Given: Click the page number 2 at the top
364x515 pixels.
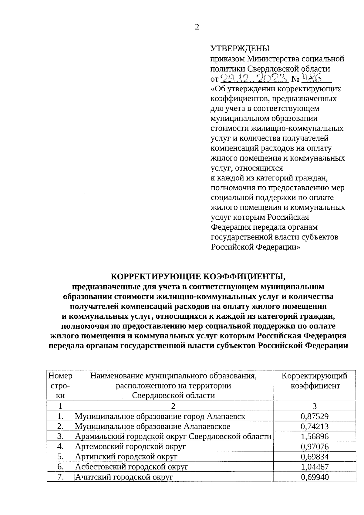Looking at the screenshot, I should click(197, 27).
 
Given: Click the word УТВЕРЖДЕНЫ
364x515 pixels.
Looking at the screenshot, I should click(240, 49).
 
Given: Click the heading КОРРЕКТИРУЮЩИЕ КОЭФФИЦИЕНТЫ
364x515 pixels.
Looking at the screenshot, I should click(198, 276).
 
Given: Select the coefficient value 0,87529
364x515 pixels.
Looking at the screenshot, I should click(315, 416).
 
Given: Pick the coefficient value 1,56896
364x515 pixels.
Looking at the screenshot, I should click(315, 436).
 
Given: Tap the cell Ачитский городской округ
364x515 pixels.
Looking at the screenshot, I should click(124, 477).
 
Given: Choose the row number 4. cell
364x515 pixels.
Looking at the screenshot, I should click(60, 446).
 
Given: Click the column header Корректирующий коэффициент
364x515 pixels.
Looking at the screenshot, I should click(315, 381).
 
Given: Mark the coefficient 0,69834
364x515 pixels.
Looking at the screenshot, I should click(315, 457).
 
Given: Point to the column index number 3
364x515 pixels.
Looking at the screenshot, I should click(315, 406).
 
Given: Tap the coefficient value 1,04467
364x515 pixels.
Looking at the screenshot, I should click(315, 467).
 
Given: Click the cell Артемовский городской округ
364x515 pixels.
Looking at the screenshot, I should click(130, 446).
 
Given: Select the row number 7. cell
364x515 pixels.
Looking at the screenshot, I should click(60, 477).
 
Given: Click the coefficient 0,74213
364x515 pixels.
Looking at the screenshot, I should click(315, 426).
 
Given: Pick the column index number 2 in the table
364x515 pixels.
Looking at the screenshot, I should click(173, 406).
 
